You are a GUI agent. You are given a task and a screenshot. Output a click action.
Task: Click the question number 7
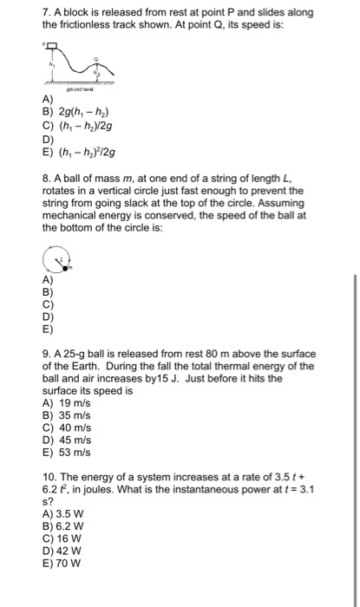click(45, 12)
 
